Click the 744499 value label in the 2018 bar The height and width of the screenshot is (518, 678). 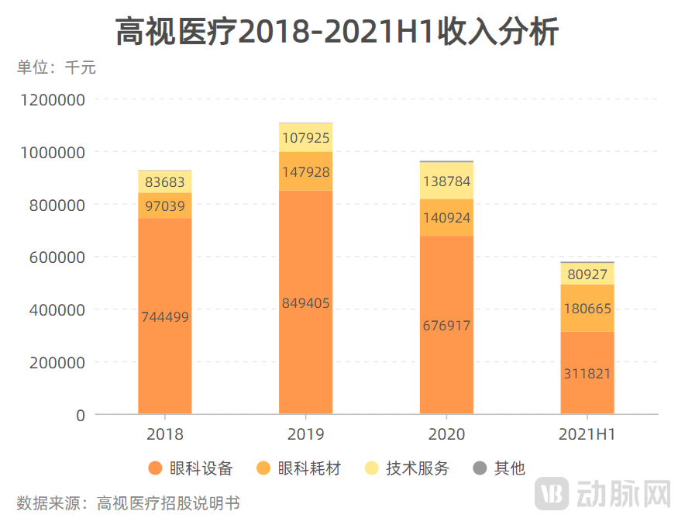click(165, 317)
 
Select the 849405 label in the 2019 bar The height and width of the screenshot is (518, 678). click(306, 303)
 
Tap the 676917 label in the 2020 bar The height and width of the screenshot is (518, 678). click(446, 326)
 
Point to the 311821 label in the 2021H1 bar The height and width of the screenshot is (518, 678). click(587, 374)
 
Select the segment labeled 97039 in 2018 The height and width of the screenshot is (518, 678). click(165, 205)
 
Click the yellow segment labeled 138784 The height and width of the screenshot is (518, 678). click(446, 181)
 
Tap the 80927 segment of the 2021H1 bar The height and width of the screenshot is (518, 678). click(587, 275)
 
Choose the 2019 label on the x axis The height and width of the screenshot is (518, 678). click(306, 434)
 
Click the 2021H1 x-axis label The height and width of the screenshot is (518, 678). click(587, 434)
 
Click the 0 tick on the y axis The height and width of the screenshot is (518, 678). click(81, 415)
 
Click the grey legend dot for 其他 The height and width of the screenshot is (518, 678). click(480, 468)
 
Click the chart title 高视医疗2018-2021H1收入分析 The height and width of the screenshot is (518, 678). click(338, 33)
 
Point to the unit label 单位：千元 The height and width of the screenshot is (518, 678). click(56, 68)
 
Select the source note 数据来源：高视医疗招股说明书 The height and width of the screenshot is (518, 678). click(129, 502)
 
